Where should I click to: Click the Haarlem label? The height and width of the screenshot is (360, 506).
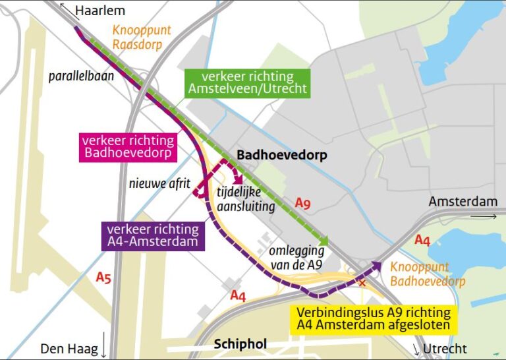pyautogui.click(x=100, y=11)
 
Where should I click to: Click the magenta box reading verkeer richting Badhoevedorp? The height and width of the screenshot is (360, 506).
pyautogui.click(x=128, y=146)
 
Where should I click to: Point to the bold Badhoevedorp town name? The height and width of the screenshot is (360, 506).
pyautogui.click(x=281, y=156)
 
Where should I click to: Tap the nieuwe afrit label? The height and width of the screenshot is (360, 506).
pyautogui.click(x=159, y=183)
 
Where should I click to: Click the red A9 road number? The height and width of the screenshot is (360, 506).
pyautogui.click(x=302, y=203)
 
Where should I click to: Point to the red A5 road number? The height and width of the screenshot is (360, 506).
pyautogui.click(x=103, y=278)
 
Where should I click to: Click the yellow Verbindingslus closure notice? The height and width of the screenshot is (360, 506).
pyautogui.click(x=373, y=318)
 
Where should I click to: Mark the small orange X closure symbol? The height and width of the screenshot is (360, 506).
pyautogui.click(x=361, y=282)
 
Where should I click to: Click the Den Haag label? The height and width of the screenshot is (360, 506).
pyautogui.click(x=69, y=348)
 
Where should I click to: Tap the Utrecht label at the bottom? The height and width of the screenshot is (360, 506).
pyautogui.click(x=445, y=348)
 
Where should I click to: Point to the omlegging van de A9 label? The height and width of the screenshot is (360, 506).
pyautogui.click(x=296, y=258)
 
